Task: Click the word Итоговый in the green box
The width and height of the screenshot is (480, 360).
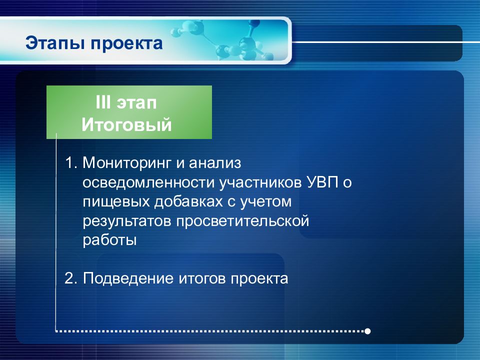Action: click(126, 124)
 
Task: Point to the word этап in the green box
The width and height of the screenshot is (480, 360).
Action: click(137, 103)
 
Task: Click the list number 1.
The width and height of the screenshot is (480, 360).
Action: click(70, 163)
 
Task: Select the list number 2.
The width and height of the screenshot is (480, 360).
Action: click(70, 278)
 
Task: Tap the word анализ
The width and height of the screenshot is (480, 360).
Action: click(215, 163)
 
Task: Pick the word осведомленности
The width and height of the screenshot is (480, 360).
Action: click(148, 183)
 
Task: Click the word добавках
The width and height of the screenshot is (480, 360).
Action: click(188, 201)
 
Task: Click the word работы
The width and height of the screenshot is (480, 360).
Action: click(109, 240)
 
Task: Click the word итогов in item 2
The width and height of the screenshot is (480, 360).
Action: click(202, 278)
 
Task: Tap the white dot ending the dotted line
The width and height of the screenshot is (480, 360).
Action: click(367, 331)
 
